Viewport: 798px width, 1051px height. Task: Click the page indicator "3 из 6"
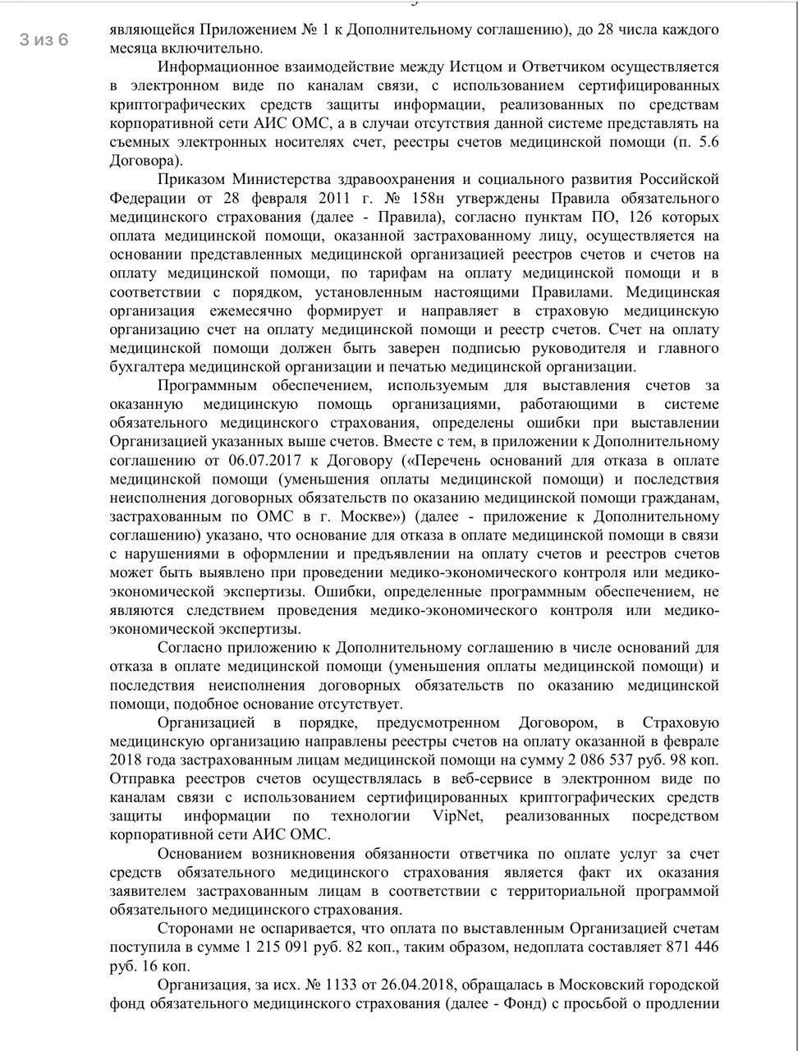pyautogui.click(x=44, y=39)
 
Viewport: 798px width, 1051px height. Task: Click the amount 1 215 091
pyautogui.click(x=288, y=947)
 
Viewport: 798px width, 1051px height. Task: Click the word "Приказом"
pyautogui.click(x=190, y=179)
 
